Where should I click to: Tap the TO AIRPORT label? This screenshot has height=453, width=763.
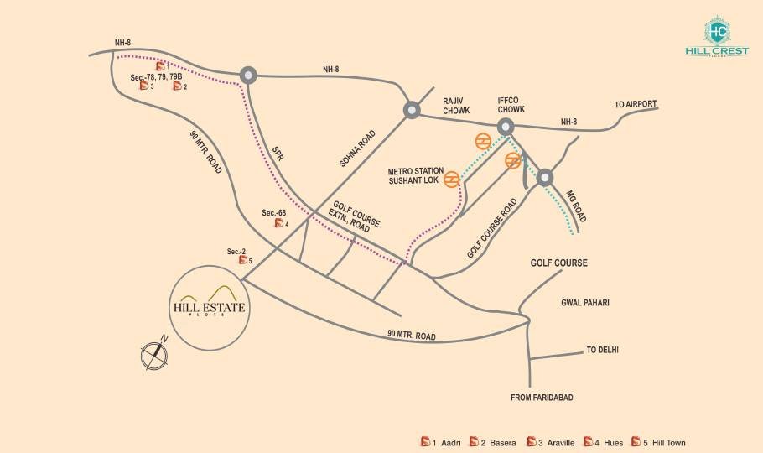click(x=635, y=105)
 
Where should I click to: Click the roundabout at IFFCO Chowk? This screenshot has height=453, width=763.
click(x=506, y=127)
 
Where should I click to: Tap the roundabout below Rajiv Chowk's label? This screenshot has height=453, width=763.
click(x=412, y=110)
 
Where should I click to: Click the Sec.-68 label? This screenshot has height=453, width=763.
click(x=274, y=213)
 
